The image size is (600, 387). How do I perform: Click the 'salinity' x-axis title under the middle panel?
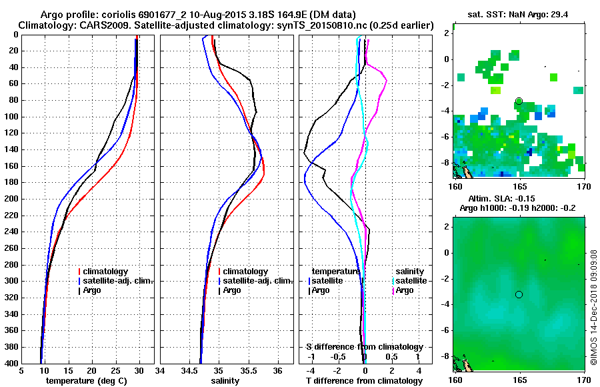(226, 380)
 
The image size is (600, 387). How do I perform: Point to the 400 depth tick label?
(11, 363)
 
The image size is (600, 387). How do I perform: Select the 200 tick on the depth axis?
(11, 199)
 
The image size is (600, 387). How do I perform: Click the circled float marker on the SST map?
(519, 101)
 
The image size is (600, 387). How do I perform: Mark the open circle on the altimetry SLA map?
(519, 294)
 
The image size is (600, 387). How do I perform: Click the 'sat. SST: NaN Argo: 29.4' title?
(518, 14)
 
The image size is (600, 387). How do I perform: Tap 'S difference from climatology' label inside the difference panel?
(364, 347)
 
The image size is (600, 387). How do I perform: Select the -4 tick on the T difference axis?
(310, 370)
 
